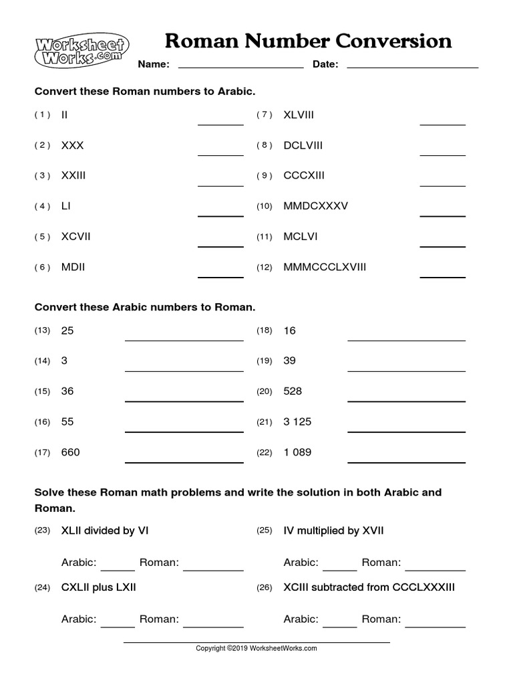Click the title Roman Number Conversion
tap(308, 41)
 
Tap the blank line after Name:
tap(240, 66)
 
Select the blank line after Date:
tap(412, 66)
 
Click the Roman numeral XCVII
tap(75, 237)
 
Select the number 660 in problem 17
tap(70, 453)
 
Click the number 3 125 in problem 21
tap(297, 422)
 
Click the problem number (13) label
tap(42, 331)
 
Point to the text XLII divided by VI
tap(105, 531)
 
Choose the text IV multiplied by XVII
tap(333, 531)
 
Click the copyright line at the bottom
tap(256, 648)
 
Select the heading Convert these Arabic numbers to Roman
tap(145, 308)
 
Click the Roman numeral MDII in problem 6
tap(73, 268)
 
